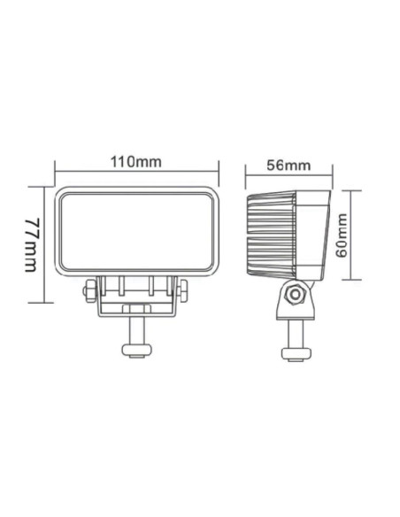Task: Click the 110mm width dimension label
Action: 136,162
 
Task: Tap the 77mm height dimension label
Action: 33,244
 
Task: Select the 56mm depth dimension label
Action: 288,165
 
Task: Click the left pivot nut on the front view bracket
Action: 89,293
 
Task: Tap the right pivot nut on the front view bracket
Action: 182,293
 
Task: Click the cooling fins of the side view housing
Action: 270,234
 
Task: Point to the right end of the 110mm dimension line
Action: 217,172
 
